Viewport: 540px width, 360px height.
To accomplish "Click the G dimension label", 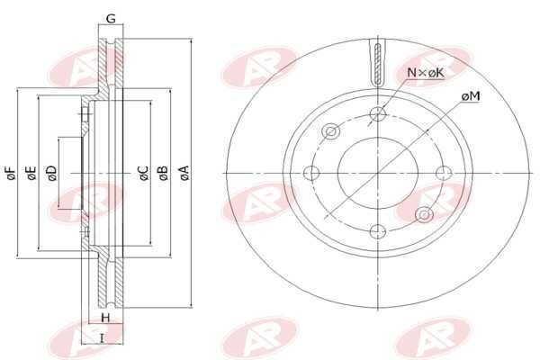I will [x=110, y=18].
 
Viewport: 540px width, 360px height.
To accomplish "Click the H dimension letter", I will [x=105, y=319].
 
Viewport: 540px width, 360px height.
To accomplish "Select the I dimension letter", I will [x=103, y=337].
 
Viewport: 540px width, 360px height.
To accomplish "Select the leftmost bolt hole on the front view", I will [x=313, y=174].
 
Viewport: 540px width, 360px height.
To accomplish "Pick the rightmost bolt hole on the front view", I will [x=442, y=174].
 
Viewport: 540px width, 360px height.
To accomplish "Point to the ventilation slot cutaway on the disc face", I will [x=378, y=63].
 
